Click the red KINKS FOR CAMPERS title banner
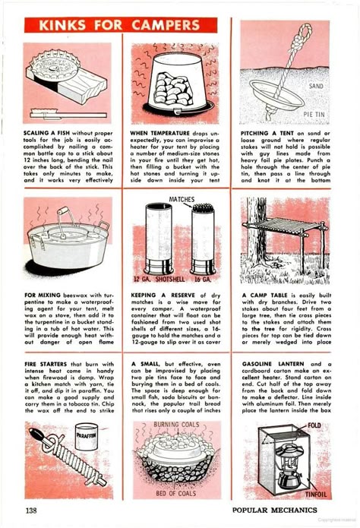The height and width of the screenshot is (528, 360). (x=121, y=25)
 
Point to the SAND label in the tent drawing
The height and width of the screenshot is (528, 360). (x=316, y=86)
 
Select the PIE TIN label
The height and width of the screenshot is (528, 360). (x=314, y=115)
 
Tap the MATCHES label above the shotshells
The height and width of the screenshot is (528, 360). (x=182, y=199)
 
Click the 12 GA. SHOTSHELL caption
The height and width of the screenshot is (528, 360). (x=159, y=279)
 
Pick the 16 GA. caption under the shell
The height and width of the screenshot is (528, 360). (x=203, y=279)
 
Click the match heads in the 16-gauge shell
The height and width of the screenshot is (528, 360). (x=203, y=208)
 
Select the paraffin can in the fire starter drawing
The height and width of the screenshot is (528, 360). (x=87, y=437)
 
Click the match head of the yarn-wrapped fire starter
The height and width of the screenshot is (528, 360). (x=36, y=434)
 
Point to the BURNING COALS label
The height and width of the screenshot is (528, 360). (x=176, y=425)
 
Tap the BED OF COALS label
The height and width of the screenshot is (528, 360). (x=175, y=493)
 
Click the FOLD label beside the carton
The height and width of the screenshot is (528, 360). (x=314, y=425)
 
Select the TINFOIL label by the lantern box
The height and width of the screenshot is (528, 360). (x=316, y=495)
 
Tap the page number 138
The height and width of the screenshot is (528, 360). (x=31, y=511)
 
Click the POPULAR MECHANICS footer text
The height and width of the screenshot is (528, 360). (x=274, y=511)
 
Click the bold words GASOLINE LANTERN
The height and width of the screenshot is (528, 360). (x=273, y=364)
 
